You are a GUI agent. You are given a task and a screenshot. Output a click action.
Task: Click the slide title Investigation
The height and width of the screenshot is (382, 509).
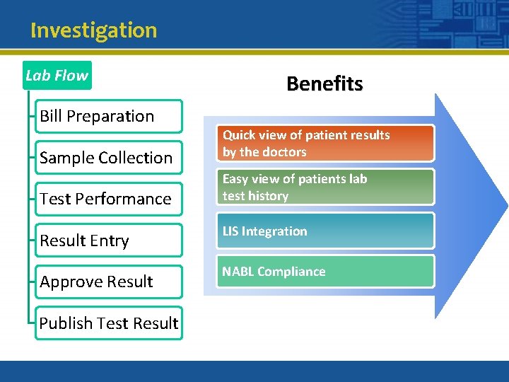click(93, 30)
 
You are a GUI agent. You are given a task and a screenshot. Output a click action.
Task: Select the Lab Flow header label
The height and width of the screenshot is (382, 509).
click(57, 75)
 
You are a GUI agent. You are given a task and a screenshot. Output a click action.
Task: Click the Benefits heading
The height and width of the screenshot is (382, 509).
click(324, 83)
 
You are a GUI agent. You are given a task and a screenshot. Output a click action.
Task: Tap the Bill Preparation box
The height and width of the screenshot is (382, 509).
click(109, 116)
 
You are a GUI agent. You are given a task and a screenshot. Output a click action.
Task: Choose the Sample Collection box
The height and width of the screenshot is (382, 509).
click(109, 158)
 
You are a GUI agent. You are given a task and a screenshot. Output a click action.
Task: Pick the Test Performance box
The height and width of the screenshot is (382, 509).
click(109, 199)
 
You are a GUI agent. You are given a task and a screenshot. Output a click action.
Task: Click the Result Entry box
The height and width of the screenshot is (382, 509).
click(109, 241)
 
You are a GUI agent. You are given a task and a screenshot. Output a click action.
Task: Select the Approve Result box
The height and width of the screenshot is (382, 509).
click(109, 282)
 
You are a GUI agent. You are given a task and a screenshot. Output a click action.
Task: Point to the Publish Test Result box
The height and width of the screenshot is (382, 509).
click(109, 323)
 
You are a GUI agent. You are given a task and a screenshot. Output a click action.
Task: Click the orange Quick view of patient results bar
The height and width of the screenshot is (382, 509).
click(326, 143)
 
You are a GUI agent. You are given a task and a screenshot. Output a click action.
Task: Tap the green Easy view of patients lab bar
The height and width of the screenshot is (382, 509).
click(326, 187)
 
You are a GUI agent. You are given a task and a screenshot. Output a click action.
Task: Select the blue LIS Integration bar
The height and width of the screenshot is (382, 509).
click(326, 231)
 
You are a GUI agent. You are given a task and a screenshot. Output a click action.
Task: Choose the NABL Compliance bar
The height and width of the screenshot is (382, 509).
click(326, 271)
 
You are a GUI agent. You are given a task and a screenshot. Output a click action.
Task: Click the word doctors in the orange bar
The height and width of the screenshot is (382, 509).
click(284, 152)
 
